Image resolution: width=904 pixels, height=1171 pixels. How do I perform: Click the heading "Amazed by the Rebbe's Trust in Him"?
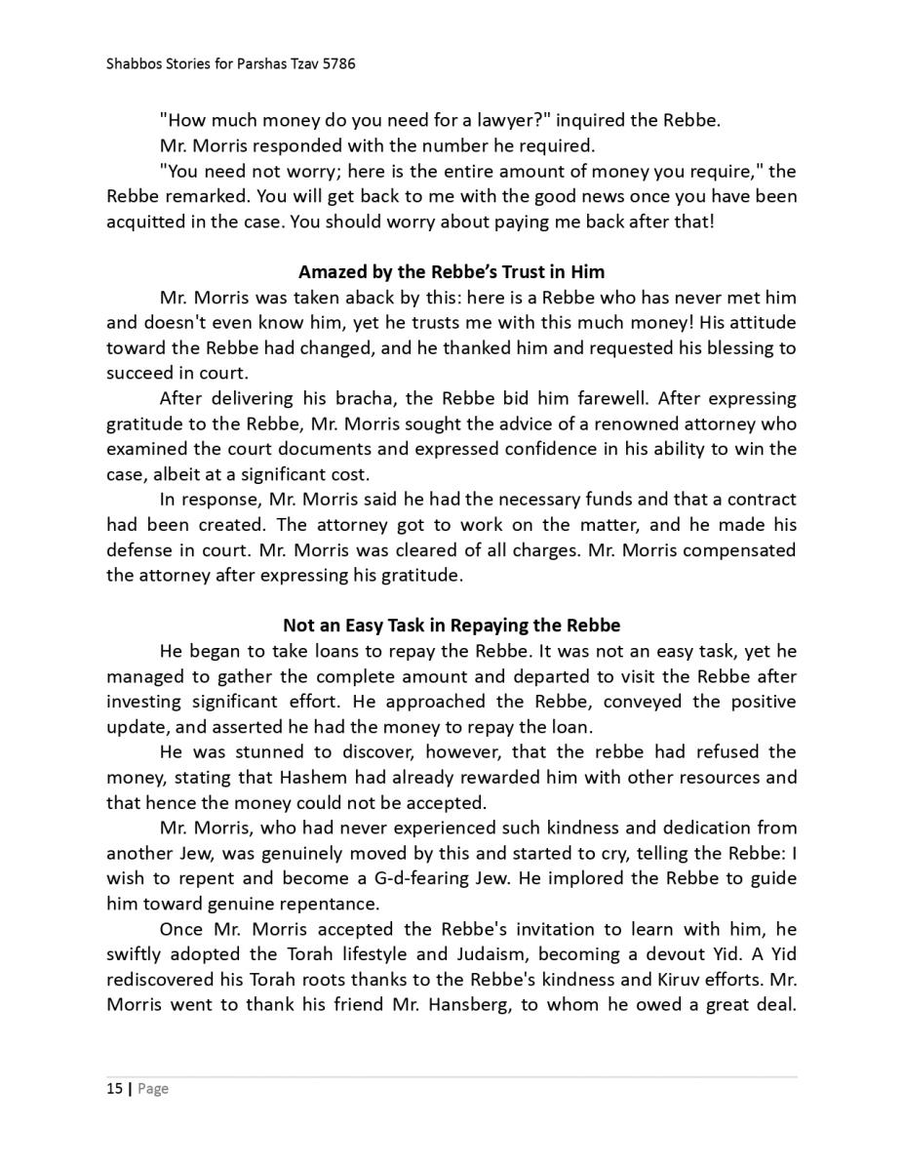[452, 271]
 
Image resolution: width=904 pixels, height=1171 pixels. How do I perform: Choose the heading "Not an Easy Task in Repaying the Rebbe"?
[452, 625]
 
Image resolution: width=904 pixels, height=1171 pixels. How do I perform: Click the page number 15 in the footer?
[114, 1088]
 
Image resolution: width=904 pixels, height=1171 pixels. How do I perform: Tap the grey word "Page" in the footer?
[153, 1088]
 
